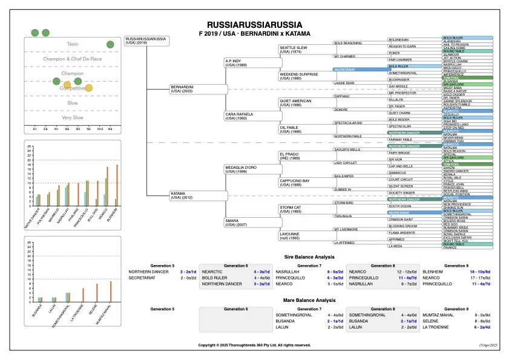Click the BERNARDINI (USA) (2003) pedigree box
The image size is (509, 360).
(x=197, y=89)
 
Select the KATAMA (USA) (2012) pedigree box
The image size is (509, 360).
(x=197, y=195)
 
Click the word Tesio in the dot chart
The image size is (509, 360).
(x=73, y=44)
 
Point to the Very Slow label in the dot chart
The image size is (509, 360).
(x=73, y=117)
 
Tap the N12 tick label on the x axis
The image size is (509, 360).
(x=100, y=129)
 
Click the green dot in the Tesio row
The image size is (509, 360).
(x=110, y=44)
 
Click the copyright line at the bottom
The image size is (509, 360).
(x=254, y=345)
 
